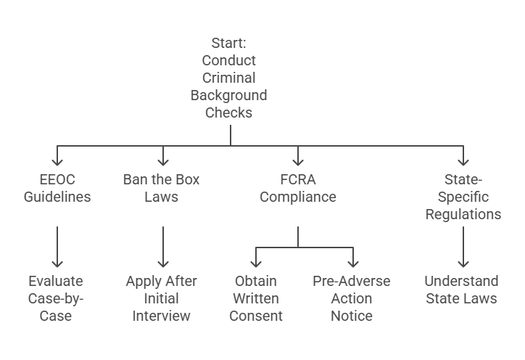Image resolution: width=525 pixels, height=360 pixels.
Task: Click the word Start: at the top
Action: click(x=229, y=43)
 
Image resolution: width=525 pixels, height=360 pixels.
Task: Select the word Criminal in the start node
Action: click(x=229, y=78)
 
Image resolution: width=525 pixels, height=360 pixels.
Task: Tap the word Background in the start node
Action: click(x=229, y=95)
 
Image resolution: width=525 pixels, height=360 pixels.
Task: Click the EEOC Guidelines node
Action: click(x=57, y=188)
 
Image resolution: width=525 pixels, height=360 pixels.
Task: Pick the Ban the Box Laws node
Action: click(x=162, y=188)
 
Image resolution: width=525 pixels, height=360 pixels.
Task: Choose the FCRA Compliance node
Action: click(x=298, y=188)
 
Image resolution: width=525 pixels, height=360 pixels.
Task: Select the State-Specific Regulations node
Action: click(x=463, y=197)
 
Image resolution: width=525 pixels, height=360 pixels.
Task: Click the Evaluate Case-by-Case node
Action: click(x=57, y=298)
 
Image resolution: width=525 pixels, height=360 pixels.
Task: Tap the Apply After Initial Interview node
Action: click(x=162, y=298)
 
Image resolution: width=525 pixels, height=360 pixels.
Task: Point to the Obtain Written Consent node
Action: click(x=256, y=298)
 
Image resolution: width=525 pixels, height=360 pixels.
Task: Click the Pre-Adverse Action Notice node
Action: click(x=352, y=298)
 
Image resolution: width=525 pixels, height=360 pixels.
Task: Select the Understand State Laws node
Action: click(x=462, y=290)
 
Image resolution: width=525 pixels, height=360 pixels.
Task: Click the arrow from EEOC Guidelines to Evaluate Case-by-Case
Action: click(x=57, y=247)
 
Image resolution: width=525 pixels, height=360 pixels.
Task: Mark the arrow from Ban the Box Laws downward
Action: click(x=162, y=247)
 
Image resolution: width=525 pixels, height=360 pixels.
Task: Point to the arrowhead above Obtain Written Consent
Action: click(x=256, y=263)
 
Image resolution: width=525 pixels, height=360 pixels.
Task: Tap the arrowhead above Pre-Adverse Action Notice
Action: click(x=352, y=263)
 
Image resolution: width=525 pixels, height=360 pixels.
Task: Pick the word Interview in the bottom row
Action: click(x=162, y=316)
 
